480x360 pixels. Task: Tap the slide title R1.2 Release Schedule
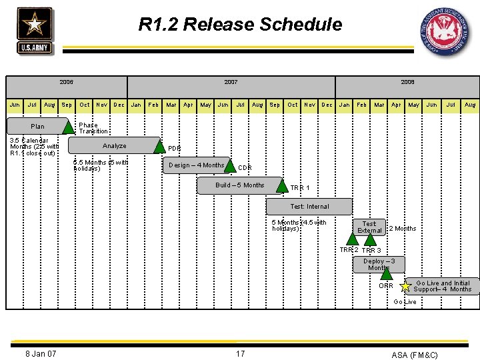tap(240, 25)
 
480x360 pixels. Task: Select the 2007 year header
tap(231, 82)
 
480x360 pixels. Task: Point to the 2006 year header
tap(67, 82)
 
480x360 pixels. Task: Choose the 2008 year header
tap(407, 82)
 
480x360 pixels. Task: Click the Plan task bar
tap(37, 127)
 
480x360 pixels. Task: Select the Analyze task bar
tap(114, 146)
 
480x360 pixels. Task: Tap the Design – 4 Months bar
tap(196, 165)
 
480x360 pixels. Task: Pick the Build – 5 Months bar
tap(240, 185)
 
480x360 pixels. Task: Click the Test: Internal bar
tap(309, 207)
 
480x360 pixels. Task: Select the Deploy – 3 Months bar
tap(379, 265)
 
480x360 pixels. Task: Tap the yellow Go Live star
tap(405, 287)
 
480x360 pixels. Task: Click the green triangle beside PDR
tap(159, 147)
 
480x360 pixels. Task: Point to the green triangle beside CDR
tap(231, 166)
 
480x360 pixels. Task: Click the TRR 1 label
tap(300, 188)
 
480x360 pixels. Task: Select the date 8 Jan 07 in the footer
tap(41, 353)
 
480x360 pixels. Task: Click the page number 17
tap(240, 353)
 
